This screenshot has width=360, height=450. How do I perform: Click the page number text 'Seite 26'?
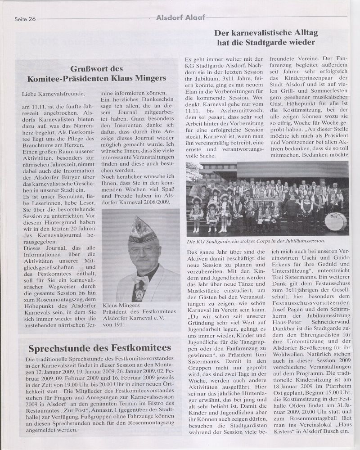point(25,19)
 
